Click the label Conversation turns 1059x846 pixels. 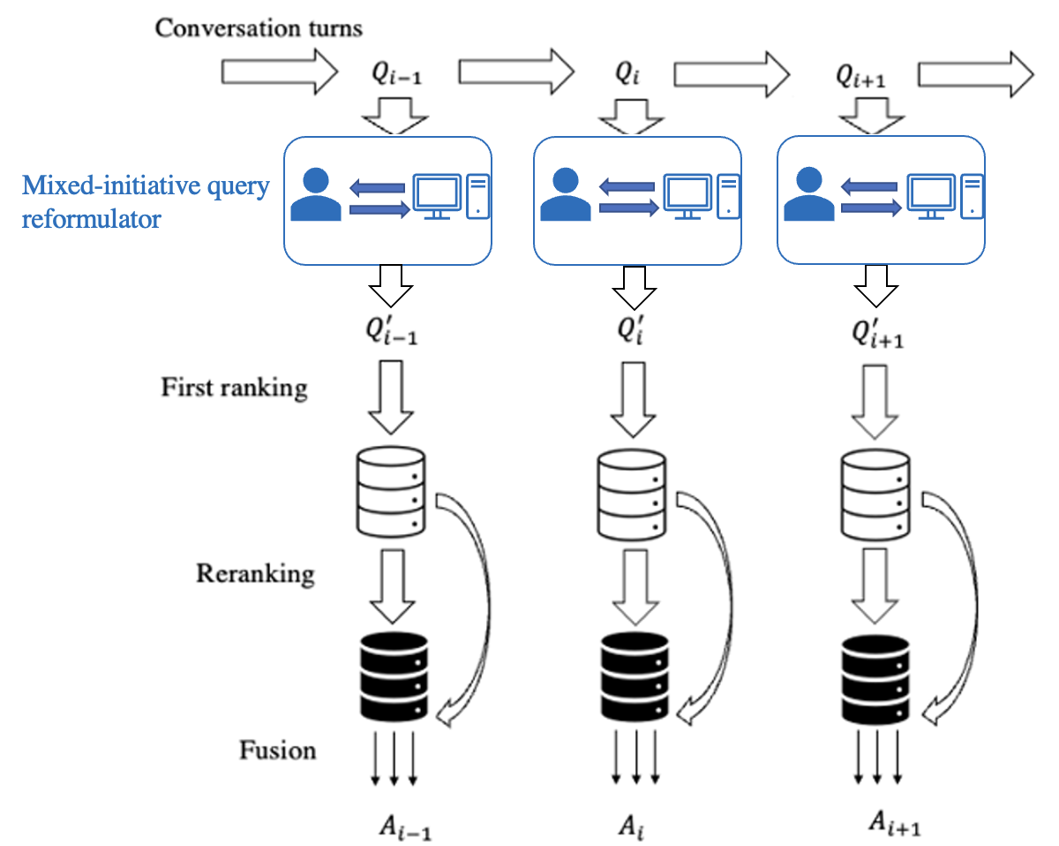259,28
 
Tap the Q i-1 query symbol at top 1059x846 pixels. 395,77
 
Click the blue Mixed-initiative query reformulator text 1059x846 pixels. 146,202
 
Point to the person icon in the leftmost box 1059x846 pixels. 316,196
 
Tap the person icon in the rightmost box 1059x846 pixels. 807,196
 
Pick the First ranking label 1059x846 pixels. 234,388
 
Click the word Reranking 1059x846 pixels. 255,574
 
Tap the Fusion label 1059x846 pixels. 277,751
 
